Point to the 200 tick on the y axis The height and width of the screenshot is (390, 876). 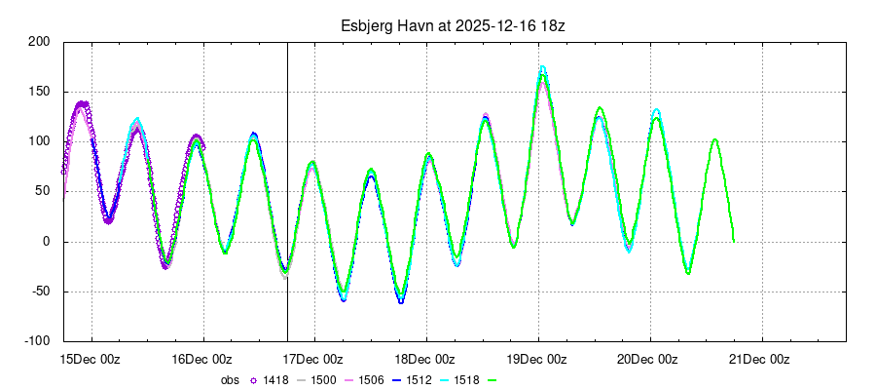(x=38, y=42)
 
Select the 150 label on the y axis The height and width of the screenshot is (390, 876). (x=38, y=92)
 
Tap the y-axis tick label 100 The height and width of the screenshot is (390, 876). (x=38, y=141)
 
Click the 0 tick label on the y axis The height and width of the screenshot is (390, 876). (x=45, y=242)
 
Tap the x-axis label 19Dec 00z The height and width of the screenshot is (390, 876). (x=539, y=359)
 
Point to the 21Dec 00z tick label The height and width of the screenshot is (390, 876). (x=762, y=359)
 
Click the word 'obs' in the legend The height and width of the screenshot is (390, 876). (x=229, y=380)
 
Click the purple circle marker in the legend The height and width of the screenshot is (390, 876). (x=254, y=380)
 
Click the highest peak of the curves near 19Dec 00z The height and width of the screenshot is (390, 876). (x=542, y=67)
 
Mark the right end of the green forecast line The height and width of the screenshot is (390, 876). (x=733, y=241)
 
